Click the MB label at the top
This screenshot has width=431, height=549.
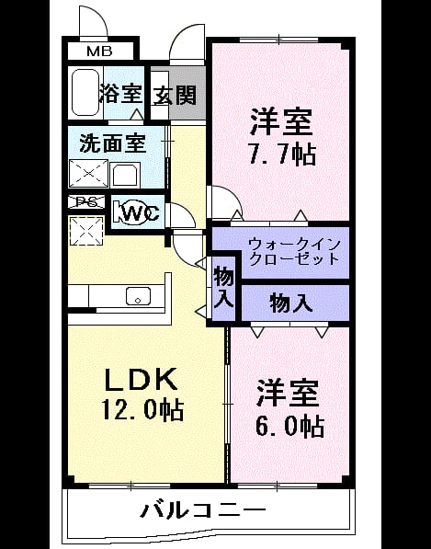[99, 51]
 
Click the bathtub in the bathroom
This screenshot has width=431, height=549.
[85, 92]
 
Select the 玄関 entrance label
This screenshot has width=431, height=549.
[175, 95]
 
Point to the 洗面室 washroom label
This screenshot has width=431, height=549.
[113, 143]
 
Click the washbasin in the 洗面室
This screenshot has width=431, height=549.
[125, 175]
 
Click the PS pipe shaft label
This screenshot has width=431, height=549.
[86, 202]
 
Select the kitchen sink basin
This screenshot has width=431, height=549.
[139, 296]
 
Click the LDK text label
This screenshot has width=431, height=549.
[141, 379]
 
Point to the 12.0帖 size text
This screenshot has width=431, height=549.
[142, 409]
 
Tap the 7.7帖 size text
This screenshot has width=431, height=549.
[282, 154]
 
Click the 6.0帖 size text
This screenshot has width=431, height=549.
[289, 426]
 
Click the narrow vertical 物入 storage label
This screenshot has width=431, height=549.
[223, 287]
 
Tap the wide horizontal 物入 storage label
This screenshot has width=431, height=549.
[291, 303]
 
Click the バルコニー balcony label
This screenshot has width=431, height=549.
[203, 510]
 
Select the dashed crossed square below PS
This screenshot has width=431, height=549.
[86, 231]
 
